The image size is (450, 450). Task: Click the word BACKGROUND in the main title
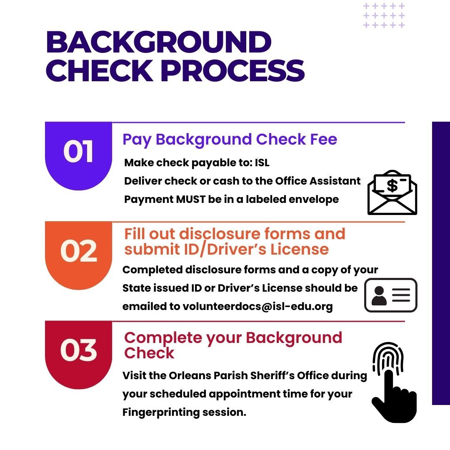159,42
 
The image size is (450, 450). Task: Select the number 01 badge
78,152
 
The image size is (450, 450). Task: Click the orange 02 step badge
78,251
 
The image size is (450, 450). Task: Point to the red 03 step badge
78,350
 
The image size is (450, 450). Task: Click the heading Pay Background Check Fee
230,139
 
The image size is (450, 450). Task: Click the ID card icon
391,295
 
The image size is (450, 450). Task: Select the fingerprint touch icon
392,381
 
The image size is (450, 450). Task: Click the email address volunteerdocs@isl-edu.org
257,307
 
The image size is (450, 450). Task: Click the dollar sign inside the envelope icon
392,185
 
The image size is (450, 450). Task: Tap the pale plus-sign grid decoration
384,16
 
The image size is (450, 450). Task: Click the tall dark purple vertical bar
441,263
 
